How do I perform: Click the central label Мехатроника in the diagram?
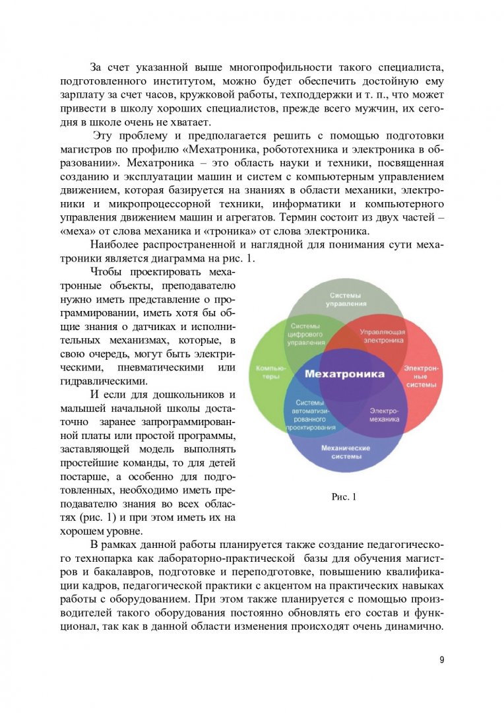pyautogui.click(x=344, y=374)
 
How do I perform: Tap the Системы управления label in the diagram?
pyautogui.click(x=346, y=299)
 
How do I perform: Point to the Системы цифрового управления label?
pyautogui.click(x=307, y=334)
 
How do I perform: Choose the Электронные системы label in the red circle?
pyautogui.click(x=420, y=376)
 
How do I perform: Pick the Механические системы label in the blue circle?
pyautogui.click(x=345, y=452)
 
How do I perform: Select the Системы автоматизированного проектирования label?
pyautogui.click(x=307, y=415)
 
